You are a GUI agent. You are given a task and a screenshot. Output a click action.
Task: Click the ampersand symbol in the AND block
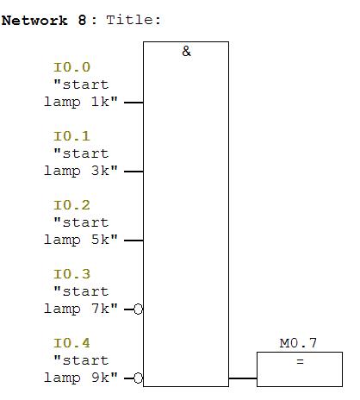click(x=186, y=52)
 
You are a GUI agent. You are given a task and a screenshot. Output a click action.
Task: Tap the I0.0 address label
click(x=71, y=67)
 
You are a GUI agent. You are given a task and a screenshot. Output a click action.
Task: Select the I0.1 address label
click(x=71, y=136)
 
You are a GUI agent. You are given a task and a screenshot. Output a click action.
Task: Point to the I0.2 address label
click(x=71, y=205)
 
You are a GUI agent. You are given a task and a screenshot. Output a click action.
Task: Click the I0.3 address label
click(x=71, y=274)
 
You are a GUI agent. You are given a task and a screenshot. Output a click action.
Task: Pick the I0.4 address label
click(x=71, y=343)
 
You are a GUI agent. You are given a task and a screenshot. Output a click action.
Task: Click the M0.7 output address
click(x=298, y=343)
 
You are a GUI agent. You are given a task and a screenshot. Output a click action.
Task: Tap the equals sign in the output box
click(x=300, y=361)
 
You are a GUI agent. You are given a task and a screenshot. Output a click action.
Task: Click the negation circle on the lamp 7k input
click(x=138, y=309)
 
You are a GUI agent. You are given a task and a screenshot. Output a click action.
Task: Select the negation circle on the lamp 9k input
click(x=138, y=378)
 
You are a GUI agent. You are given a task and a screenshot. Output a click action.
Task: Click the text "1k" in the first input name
click(x=100, y=102)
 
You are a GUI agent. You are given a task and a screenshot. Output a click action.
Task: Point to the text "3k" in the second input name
click(x=100, y=171)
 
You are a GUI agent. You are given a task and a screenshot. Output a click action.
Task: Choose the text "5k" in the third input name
click(x=100, y=240)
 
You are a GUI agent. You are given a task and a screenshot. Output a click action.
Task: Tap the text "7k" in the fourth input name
click(x=100, y=309)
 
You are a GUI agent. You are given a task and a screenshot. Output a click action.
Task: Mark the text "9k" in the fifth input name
click(x=100, y=378)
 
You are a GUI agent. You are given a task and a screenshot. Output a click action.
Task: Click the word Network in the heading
click(x=34, y=21)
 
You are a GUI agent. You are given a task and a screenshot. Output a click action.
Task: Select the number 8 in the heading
click(x=82, y=21)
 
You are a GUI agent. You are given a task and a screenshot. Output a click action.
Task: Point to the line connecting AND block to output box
click(x=243, y=378)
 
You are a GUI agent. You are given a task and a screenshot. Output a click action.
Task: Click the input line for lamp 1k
click(x=133, y=103)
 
